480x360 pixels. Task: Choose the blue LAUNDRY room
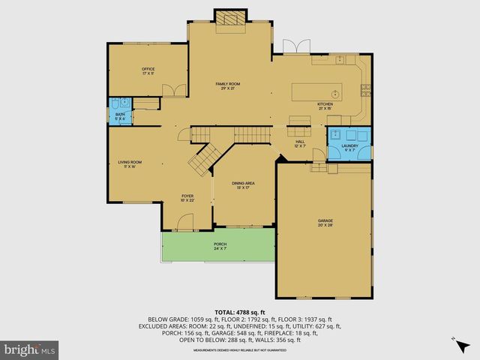click(x=349, y=142)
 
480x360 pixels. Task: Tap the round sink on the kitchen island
click(x=335, y=93)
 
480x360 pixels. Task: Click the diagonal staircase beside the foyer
click(x=201, y=158)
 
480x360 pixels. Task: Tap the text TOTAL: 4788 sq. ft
click(x=239, y=312)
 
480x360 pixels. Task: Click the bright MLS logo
click(x=30, y=349)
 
